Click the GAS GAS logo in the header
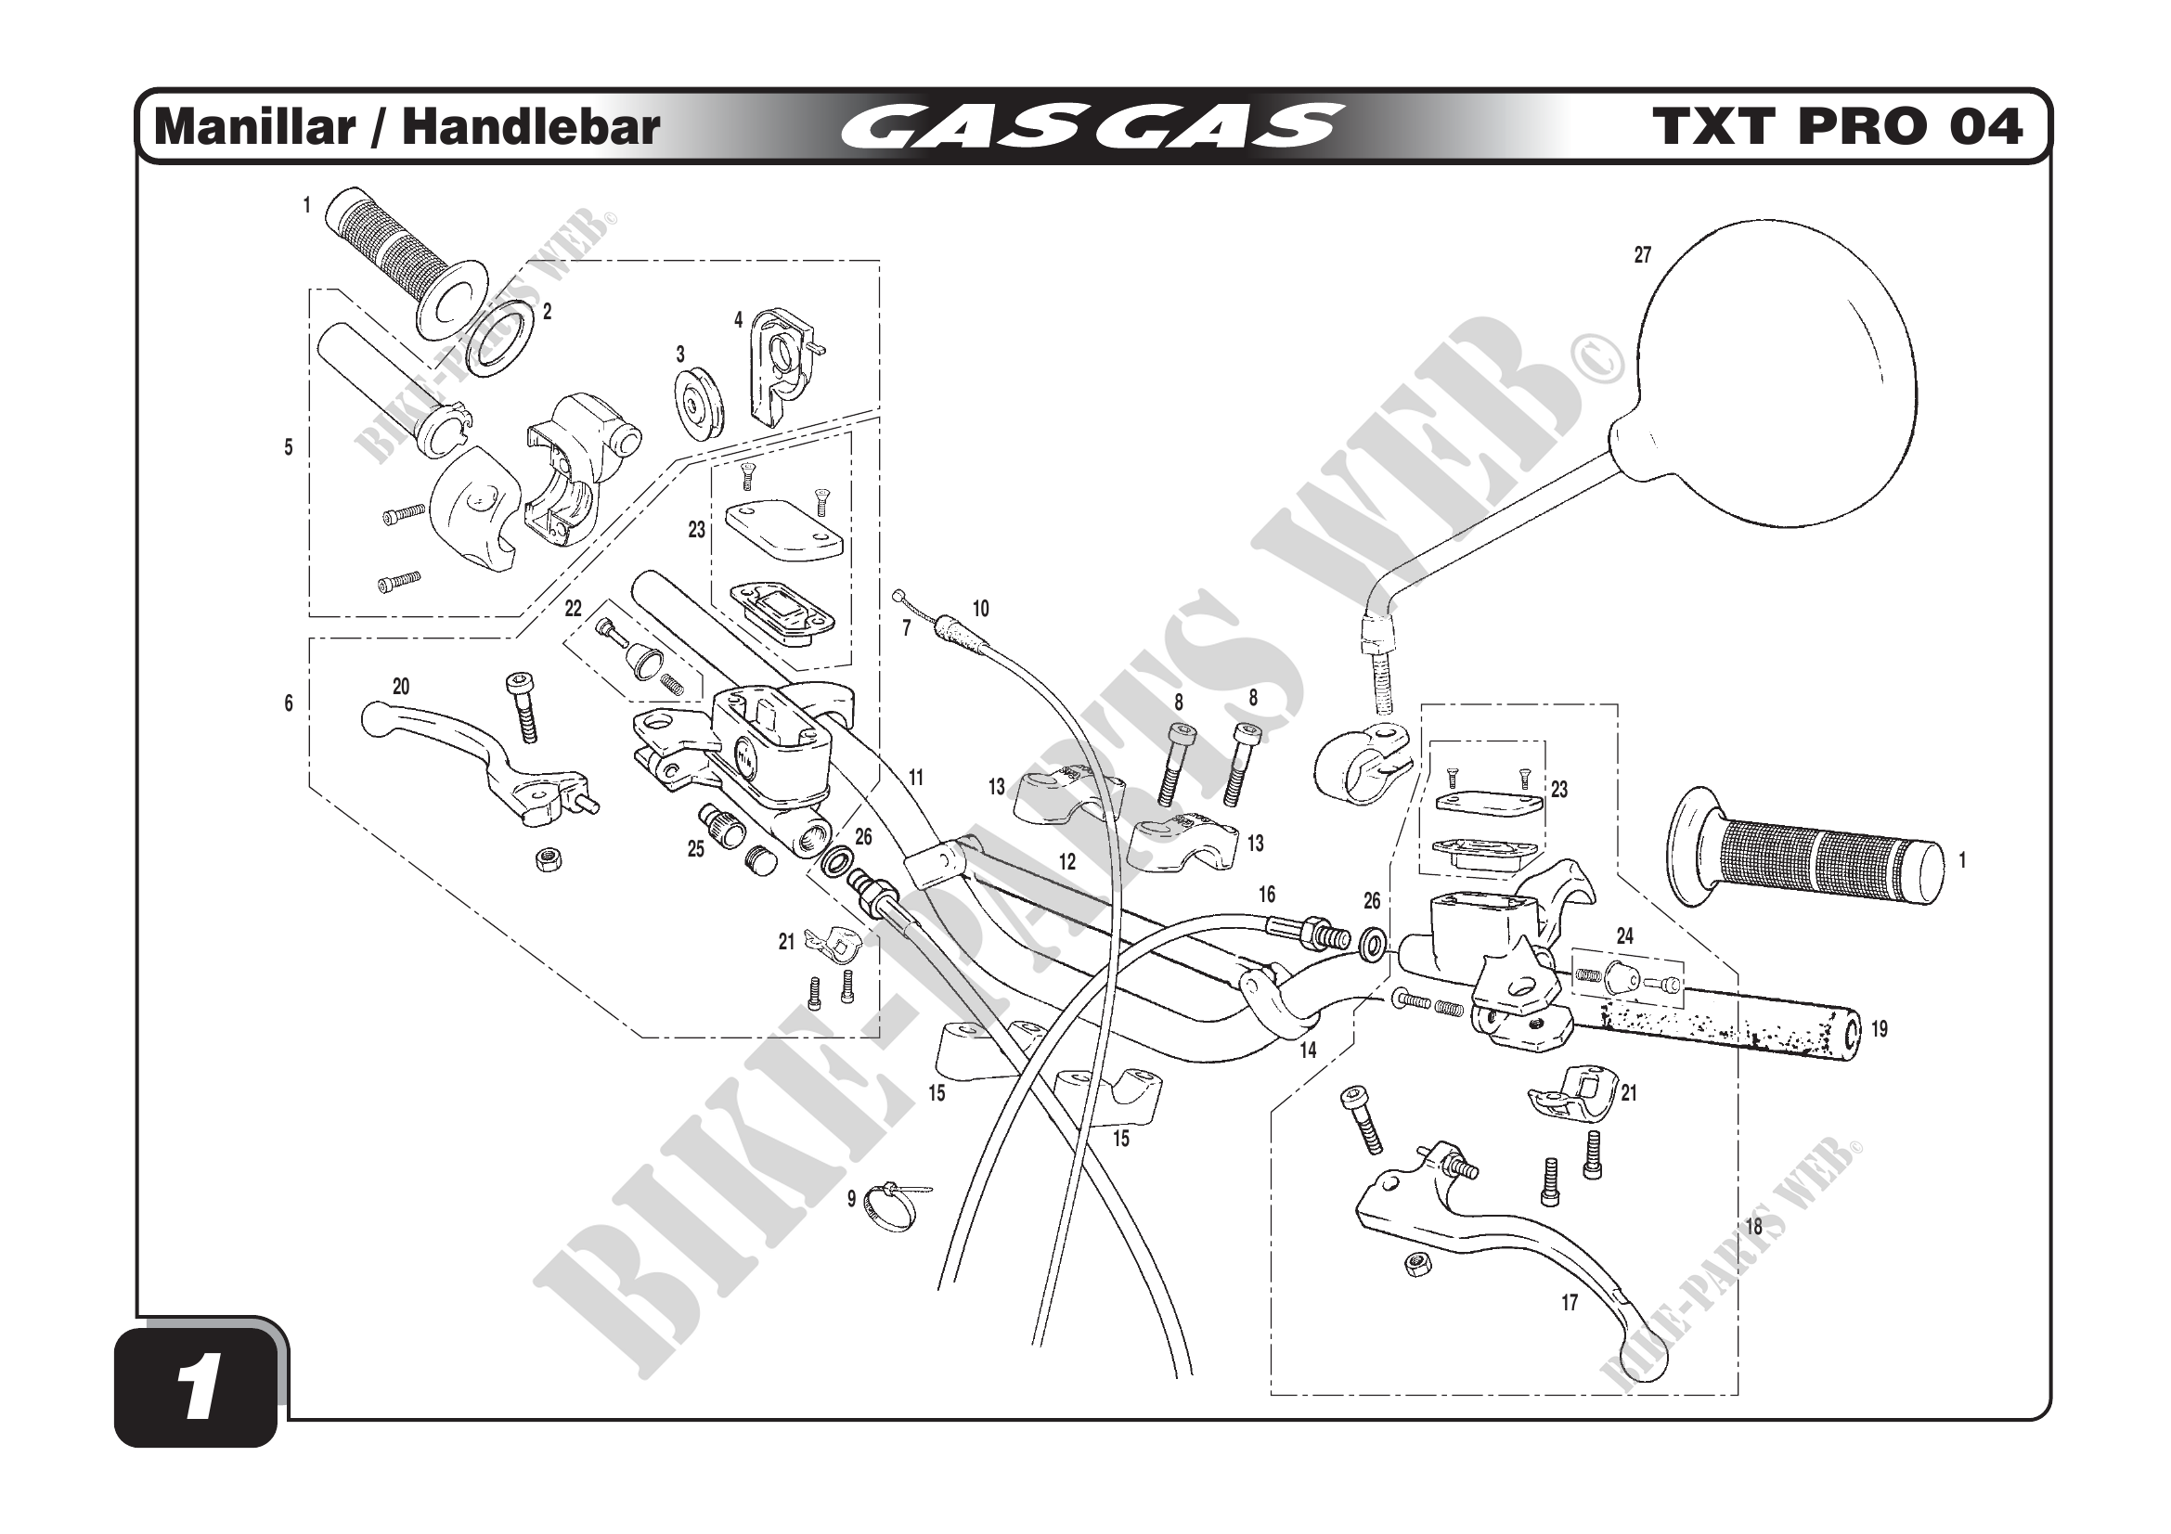point(1091,127)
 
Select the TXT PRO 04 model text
point(1837,127)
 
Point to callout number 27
point(1643,255)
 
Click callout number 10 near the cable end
point(980,609)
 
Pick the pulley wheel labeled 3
point(699,405)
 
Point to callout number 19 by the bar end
point(1879,1029)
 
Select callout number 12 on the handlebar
point(1066,862)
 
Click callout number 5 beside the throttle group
point(289,447)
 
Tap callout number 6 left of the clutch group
point(289,703)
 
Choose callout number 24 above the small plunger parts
point(1624,935)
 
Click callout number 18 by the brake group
point(1753,1227)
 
